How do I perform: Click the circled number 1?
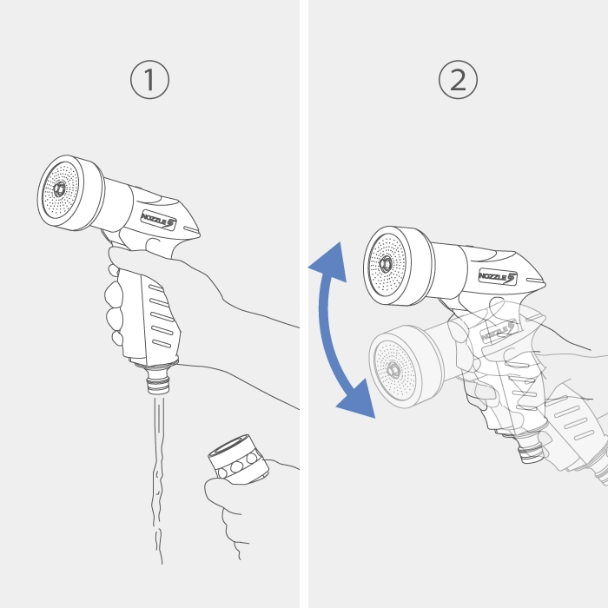tap(149, 80)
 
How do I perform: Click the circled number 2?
tap(458, 80)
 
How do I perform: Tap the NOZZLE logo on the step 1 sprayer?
tap(159, 221)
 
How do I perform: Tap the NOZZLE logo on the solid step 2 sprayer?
tap(498, 277)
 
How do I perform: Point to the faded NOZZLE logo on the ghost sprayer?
tap(499, 331)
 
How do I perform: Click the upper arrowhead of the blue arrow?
tap(329, 263)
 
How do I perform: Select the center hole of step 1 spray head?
tap(59, 189)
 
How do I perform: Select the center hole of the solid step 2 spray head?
tap(386, 264)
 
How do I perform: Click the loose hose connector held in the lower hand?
tap(239, 459)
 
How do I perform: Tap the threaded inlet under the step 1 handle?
tap(159, 382)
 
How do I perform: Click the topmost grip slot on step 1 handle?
tap(155, 288)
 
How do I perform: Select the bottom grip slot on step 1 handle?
tap(162, 344)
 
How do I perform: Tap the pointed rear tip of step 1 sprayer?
tap(199, 235)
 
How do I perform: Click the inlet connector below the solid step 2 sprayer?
tap(532, 450)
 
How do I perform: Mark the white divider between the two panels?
tap(304, 304)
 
